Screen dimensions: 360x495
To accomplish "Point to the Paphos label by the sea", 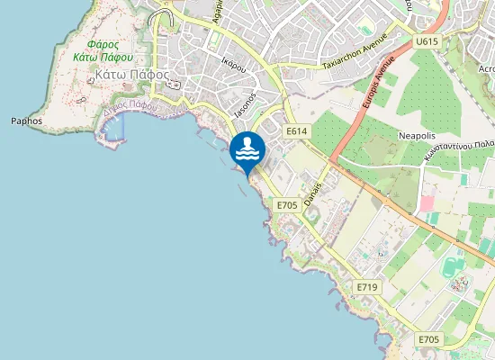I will (26, 121).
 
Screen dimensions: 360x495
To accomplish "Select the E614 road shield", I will (297, 132).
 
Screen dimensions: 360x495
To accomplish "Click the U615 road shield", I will (427, 42).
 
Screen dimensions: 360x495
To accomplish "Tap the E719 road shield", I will (365, 287).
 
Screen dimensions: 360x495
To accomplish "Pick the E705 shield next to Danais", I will (286, 205).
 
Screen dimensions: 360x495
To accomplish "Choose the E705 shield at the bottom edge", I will (428, 338).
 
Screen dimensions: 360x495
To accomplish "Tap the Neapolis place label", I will (417, 136).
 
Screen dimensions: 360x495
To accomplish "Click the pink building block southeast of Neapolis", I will (427, 204).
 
